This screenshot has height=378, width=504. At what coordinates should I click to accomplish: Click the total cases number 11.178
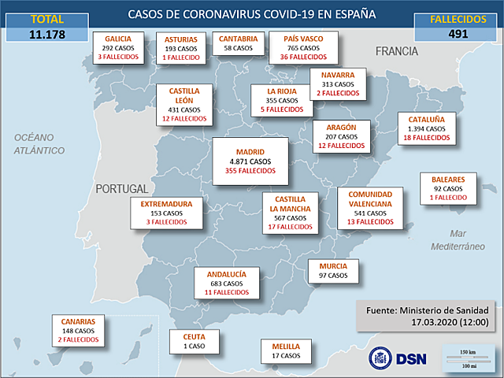47,34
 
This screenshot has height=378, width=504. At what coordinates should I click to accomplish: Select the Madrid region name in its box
250,151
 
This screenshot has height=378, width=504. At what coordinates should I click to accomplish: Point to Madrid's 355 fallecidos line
250,170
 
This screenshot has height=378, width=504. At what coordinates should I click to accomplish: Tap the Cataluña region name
426,120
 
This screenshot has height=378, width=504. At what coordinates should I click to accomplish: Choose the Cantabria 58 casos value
237,48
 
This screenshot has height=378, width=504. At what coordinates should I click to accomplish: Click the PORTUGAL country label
121,190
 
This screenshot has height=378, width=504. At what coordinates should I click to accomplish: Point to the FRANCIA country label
396,51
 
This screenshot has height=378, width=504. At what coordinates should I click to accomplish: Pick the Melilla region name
285,346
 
